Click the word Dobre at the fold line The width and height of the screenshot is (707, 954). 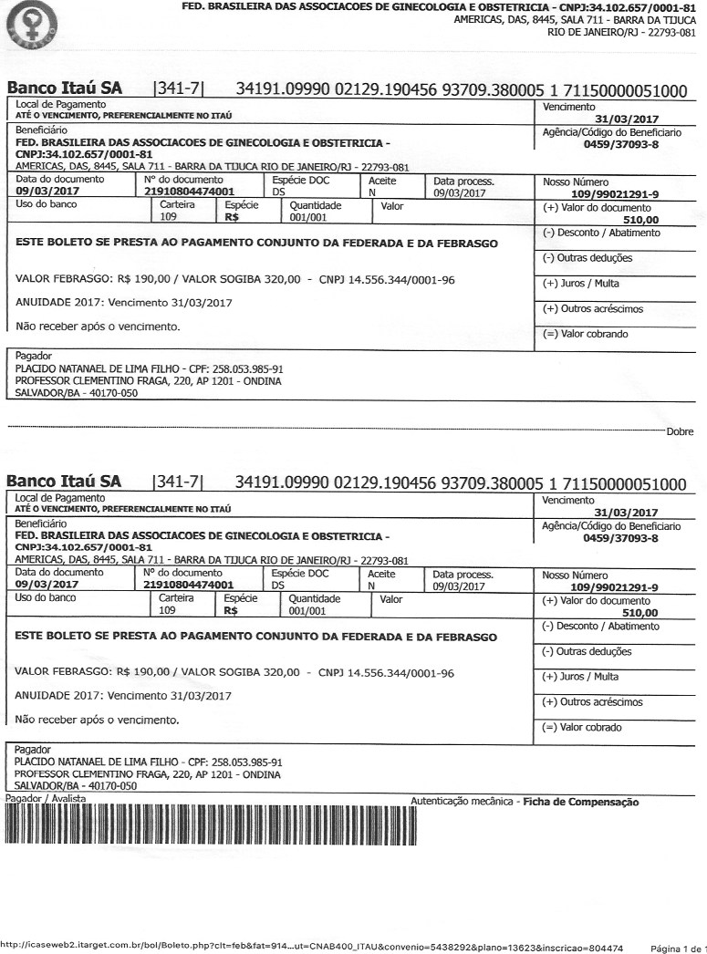click(680, 432)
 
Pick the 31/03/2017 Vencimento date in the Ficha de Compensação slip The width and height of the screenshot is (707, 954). click(626, 513)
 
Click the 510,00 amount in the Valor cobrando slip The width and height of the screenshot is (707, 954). click(639, 220)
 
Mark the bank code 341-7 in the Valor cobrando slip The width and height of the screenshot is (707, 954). click(180, 89)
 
